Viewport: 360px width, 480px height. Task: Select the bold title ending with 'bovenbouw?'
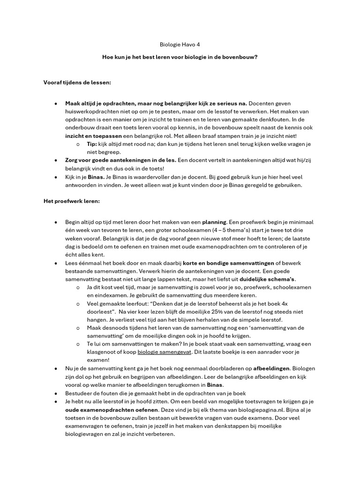point(180,58)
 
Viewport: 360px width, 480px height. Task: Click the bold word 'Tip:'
point(92,143)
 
